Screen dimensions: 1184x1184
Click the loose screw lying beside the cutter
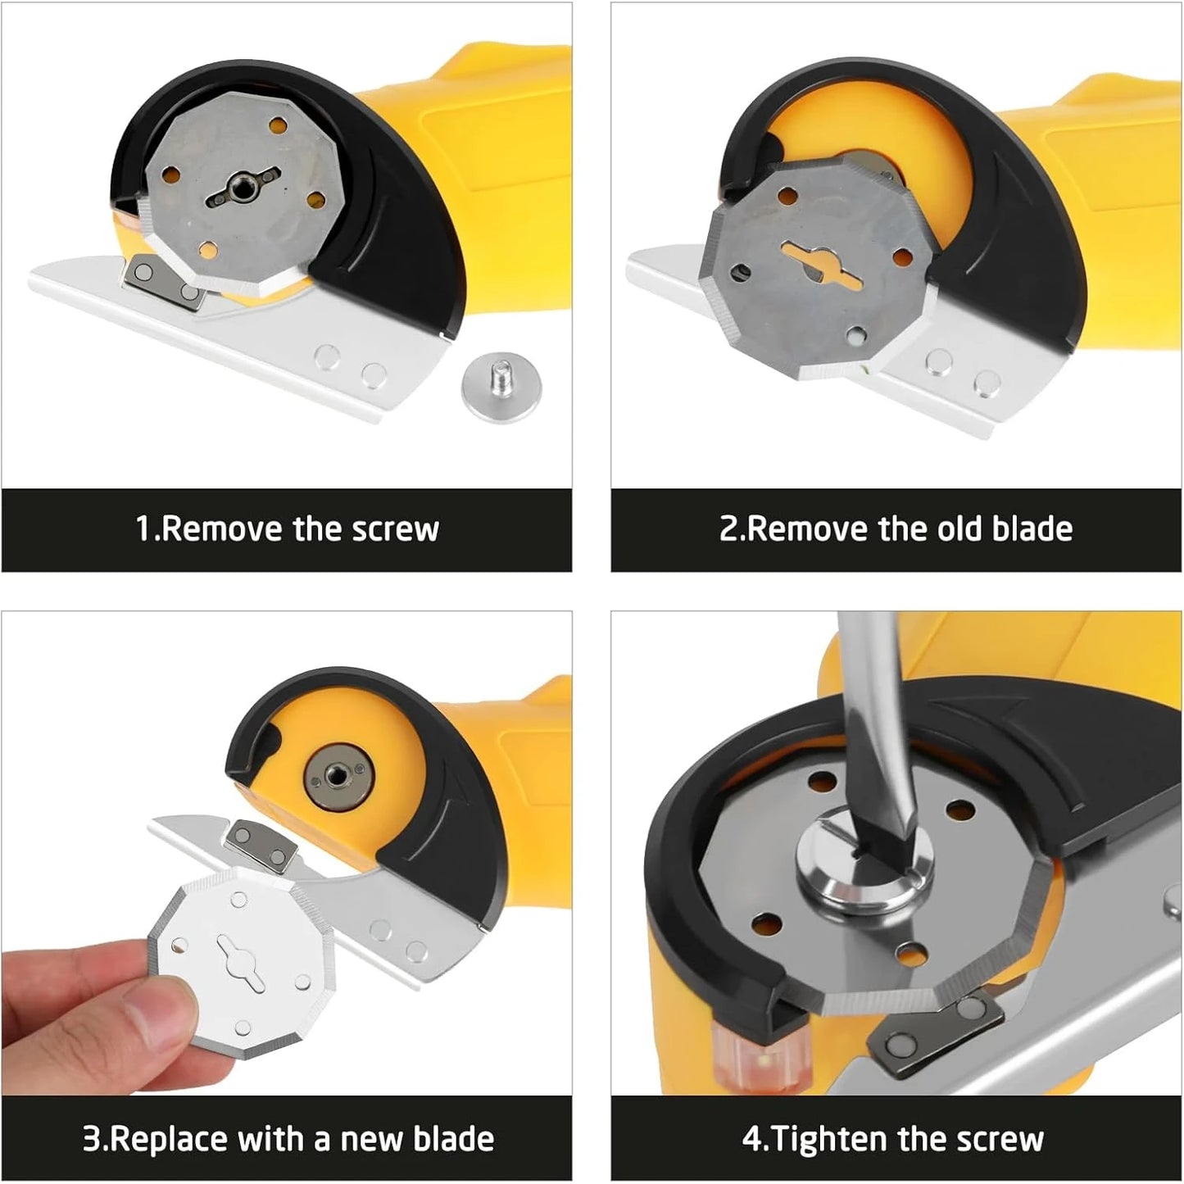pyautogui.click(x=496, y=387)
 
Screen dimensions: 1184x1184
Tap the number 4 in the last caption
pyautogui.click(x=752, y=1140)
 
